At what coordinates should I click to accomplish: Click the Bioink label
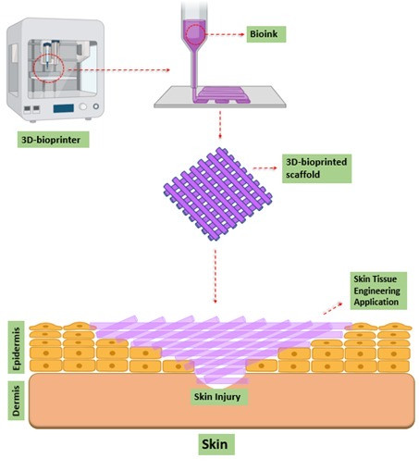pyautogui.click(x=266, y=34)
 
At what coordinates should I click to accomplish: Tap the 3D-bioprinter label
pyautogui.click(x=53, y=140)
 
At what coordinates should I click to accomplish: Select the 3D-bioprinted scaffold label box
pyautogui.click(x=316, y=168)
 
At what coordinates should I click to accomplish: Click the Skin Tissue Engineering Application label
pyautogui.click(x=378, y=291)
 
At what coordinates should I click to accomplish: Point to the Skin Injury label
pyautogui.click(x=217, y=397)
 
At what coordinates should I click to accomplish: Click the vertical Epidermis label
pyautogui.click(x=16, y=348)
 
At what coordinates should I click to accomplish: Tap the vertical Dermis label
pyautogui.click(x=16, y=401)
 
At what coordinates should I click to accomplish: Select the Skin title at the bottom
pyautogui.click(x=216, y=444)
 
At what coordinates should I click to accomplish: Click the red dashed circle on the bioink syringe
pyautogui.click(x=196, y=34)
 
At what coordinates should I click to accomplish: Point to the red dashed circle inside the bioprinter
pyautogui.click(x=48, y=68)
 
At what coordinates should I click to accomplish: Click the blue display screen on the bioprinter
pyautogui.click(x=64, y=108)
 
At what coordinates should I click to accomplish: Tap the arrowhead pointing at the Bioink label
pyautogui.click(x=242, y=34)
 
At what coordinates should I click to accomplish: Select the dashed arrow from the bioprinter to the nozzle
pyautogui.click(x=119, y=70)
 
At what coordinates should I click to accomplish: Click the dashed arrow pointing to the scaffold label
pyautogui.click(x=265, y=168)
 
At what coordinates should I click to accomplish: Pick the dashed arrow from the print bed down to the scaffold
pyautogui.click(x=220, y=125)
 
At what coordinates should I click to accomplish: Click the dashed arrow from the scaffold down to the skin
pyautogui.click(x=216, y=277)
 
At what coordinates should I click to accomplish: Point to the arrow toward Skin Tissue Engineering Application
pyautogui.click(x=333, y=308)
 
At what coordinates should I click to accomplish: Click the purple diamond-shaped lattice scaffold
pyautogui.click(x=217, y=194)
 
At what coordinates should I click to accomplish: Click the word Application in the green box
pyautogui.click(x=376, y=302)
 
